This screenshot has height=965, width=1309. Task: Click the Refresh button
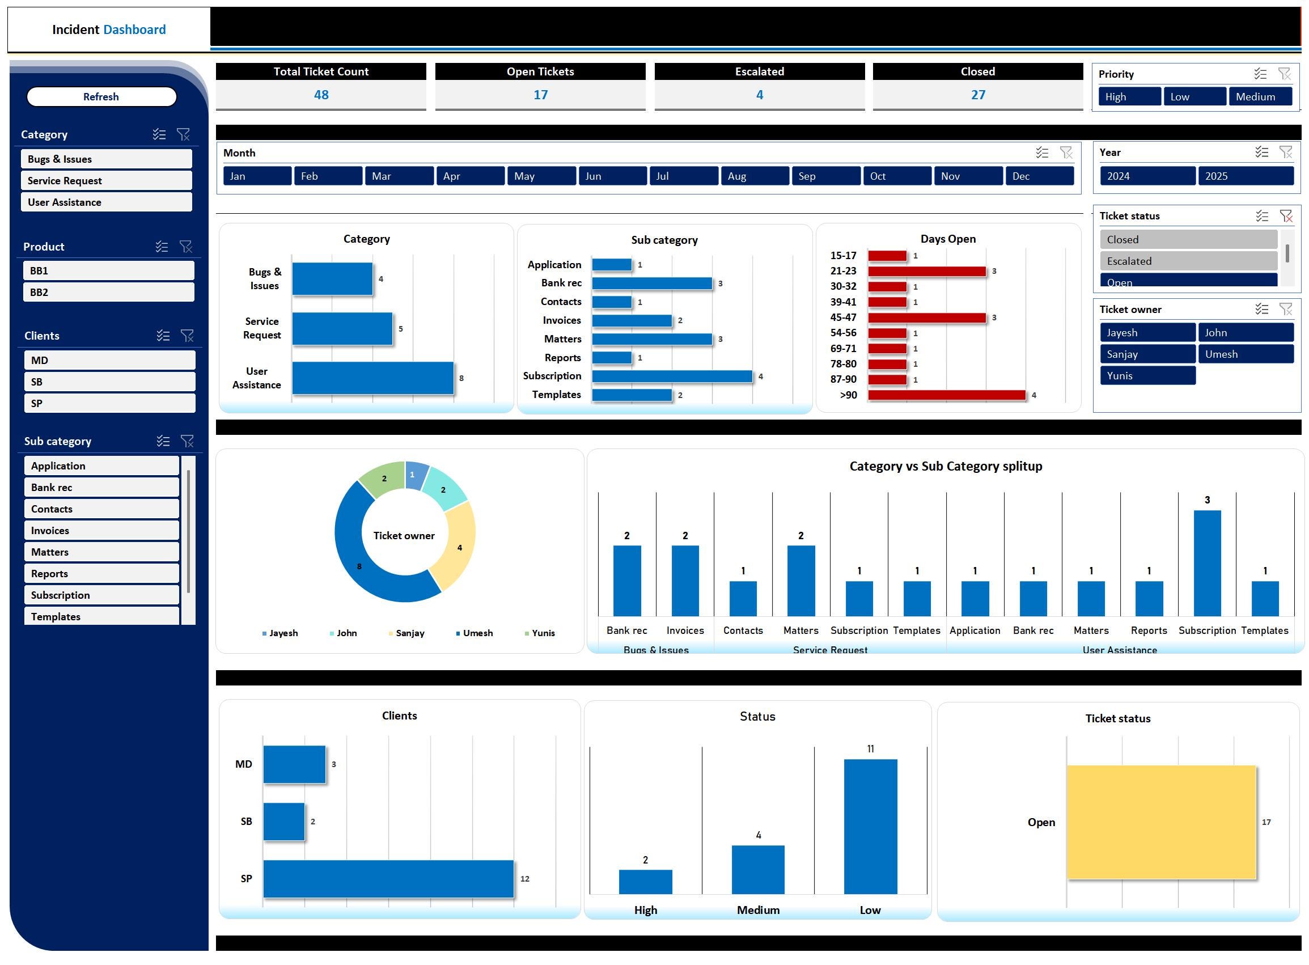click(x=101, y=96)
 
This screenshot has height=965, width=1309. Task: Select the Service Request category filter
click(x=107, y=180)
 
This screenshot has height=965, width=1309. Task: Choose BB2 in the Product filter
click(x=109, y=292)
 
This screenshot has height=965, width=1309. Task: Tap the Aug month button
click(x=755, y=176)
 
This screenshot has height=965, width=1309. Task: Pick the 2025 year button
click(x=1246, y=176)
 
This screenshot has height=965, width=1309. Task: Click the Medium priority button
click(x=1260, y=96)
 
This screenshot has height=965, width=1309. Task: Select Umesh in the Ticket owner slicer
click(x=1246, y=354)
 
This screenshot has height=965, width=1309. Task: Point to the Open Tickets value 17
click(x=540, y=95)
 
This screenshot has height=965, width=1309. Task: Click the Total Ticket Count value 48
click(x=321, y=95)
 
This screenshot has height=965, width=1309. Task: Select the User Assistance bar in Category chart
click(x=372, y=378)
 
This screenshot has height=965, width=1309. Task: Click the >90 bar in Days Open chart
click(x=947, y=395)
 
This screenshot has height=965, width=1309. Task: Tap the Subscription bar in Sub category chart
click(x=672, y=376)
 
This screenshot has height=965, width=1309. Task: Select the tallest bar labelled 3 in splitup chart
click(x=1207, y=563)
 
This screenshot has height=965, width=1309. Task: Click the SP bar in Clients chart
click(x=388, y=879)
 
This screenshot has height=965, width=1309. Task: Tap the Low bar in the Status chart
click(x=870, y=827)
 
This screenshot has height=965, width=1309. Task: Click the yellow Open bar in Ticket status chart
click(x=1161, y=822)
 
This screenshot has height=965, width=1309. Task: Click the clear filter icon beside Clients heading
click(x=187, y=335)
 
